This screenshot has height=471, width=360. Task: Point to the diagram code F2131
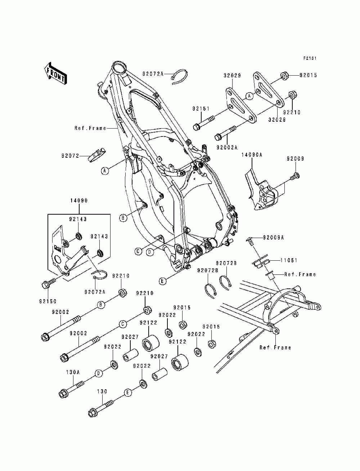pyautogui.click(x=310, y=58)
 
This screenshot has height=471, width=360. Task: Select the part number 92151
pyautogui.click(x=201, y=108)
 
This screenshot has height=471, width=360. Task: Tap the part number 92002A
pyautogui.click(x=227, y=147)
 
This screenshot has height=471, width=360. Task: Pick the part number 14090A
pyautogui.click(x=252, y=154)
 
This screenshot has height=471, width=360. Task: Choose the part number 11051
pyautogui.click(x=291, y=260)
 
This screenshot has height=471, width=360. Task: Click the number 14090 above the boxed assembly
pyautogui.click(x=79, y=201)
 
